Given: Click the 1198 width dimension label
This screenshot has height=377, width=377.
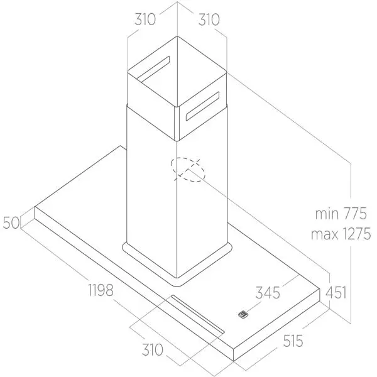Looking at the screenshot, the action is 101,290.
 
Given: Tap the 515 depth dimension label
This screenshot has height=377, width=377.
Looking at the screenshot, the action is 293,341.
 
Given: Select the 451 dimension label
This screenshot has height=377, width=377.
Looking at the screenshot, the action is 336,293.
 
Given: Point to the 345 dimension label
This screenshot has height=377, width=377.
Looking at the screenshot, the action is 268,293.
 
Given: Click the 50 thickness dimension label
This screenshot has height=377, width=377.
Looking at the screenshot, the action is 11,222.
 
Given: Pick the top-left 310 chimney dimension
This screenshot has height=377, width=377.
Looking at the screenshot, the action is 145,19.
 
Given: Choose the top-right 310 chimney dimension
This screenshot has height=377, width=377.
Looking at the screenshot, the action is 209,19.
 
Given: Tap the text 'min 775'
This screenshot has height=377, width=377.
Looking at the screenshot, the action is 341,213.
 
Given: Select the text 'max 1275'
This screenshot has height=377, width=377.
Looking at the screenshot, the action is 341,234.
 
